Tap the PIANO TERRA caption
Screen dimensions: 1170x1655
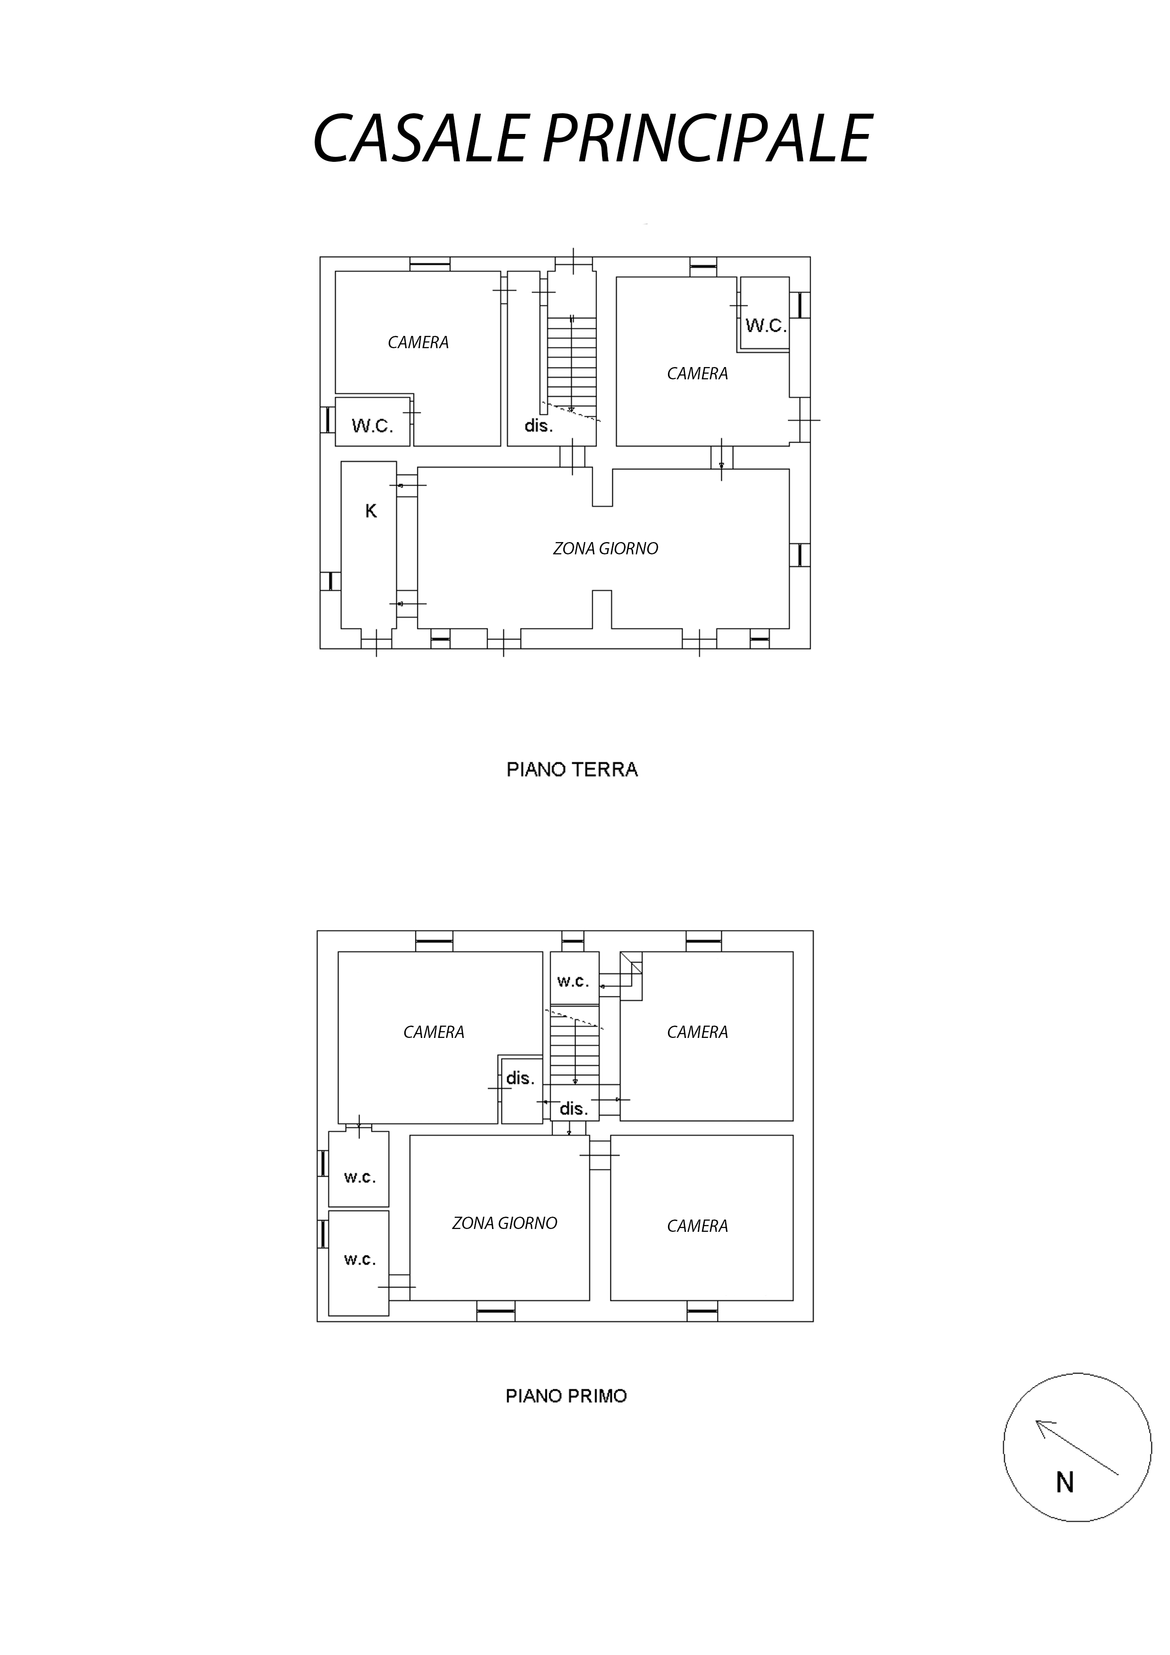(x=572, y=770)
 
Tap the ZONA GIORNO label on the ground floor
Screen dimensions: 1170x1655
(x=606, y=549)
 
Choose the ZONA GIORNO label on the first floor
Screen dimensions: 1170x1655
(x=505, y=1223)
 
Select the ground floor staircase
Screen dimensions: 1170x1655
(x=572, y=364)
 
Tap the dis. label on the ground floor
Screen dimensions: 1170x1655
(x=538, y=426)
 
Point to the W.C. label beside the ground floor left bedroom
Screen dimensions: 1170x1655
(x=372, y=426)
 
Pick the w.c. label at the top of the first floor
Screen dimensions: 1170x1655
(x=573, y=981)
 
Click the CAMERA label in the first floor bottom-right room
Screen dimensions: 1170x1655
(x=697, y=1226)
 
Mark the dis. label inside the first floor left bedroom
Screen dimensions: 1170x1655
(x=520, y=1078)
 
